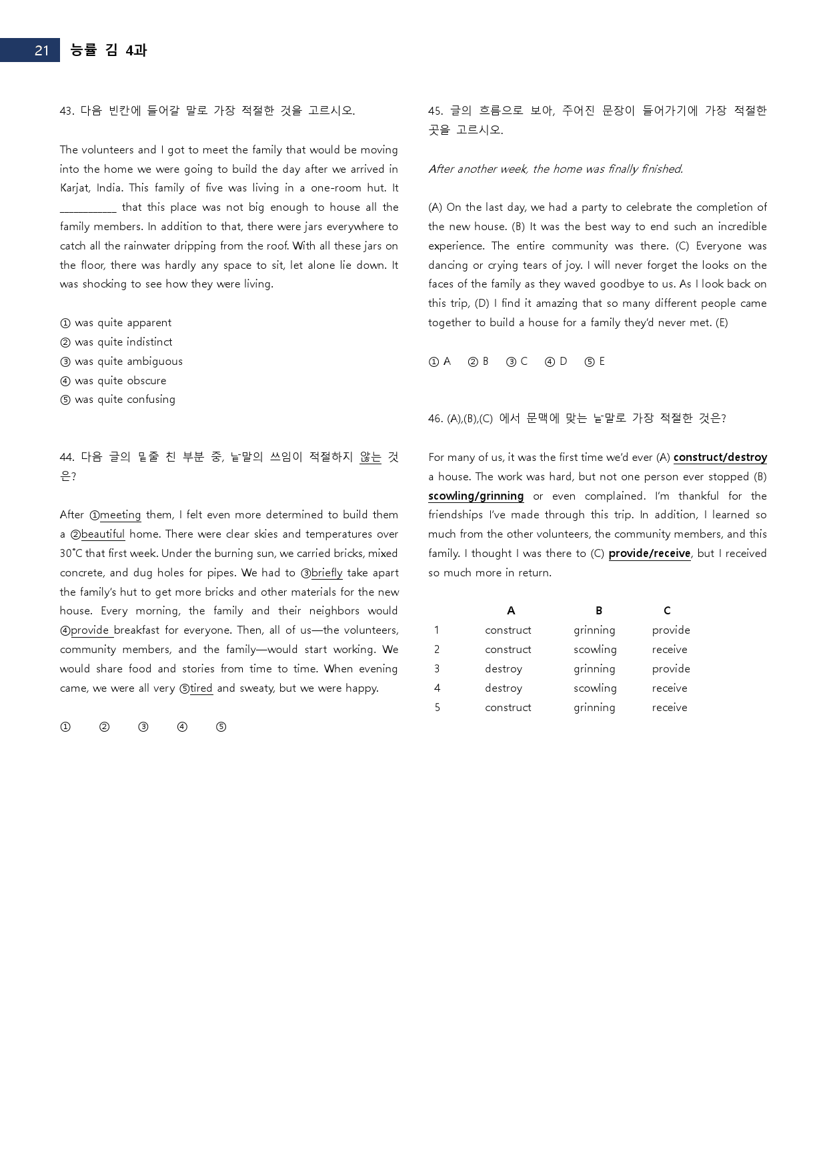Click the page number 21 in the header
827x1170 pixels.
point(41,51)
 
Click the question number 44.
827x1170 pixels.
point(67,458)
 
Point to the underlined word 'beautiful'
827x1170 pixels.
point(103,534)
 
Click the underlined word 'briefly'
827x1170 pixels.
point(327,573)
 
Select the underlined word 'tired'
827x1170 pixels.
point(201,688)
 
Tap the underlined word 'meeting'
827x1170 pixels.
point(120,515)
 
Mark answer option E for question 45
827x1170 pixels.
point(595,362)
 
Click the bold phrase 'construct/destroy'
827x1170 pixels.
point(720,458)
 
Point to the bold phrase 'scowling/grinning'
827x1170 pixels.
point(476,496)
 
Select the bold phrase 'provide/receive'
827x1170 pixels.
point(649,554)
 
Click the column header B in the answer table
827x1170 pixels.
point(599,611)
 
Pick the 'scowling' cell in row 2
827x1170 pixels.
point(595,650)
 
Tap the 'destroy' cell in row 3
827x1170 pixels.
point(504,669)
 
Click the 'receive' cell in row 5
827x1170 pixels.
point(670,708)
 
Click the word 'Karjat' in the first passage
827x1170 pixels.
point(75,188)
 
